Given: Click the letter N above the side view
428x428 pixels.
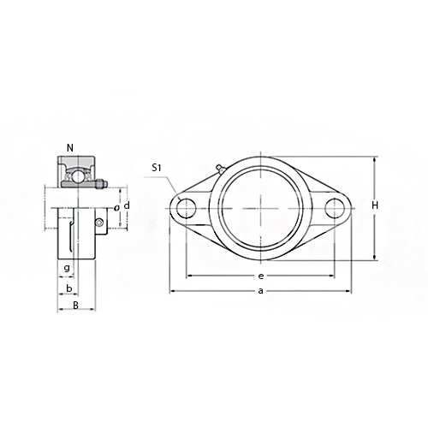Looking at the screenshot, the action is click(70, 148).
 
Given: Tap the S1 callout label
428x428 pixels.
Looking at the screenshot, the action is click(157, 168).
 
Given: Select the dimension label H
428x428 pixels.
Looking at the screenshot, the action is click(375, 205).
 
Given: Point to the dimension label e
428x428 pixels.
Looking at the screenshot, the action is click(260, 276).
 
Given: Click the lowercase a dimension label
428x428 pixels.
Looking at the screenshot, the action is click(260, 291).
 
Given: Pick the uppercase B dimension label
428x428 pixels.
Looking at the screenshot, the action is click(75, 306).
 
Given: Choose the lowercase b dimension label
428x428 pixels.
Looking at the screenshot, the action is click(69, 288).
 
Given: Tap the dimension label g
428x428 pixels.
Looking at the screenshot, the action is click(67, 268).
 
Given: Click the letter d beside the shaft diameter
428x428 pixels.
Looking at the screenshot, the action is click(127, 205).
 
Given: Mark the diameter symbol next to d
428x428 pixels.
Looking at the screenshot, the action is click(116, 208).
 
